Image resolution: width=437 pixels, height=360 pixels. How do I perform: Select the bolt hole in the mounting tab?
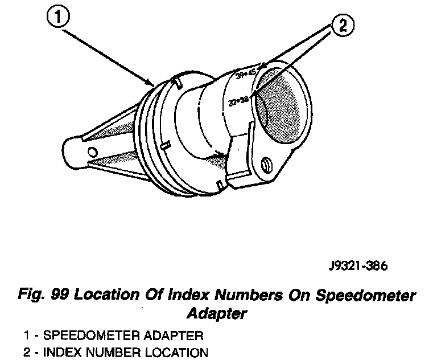[265, 165]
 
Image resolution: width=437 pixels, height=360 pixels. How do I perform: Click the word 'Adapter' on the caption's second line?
[218, 313]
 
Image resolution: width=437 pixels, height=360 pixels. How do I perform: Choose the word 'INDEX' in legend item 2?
[60, 353]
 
